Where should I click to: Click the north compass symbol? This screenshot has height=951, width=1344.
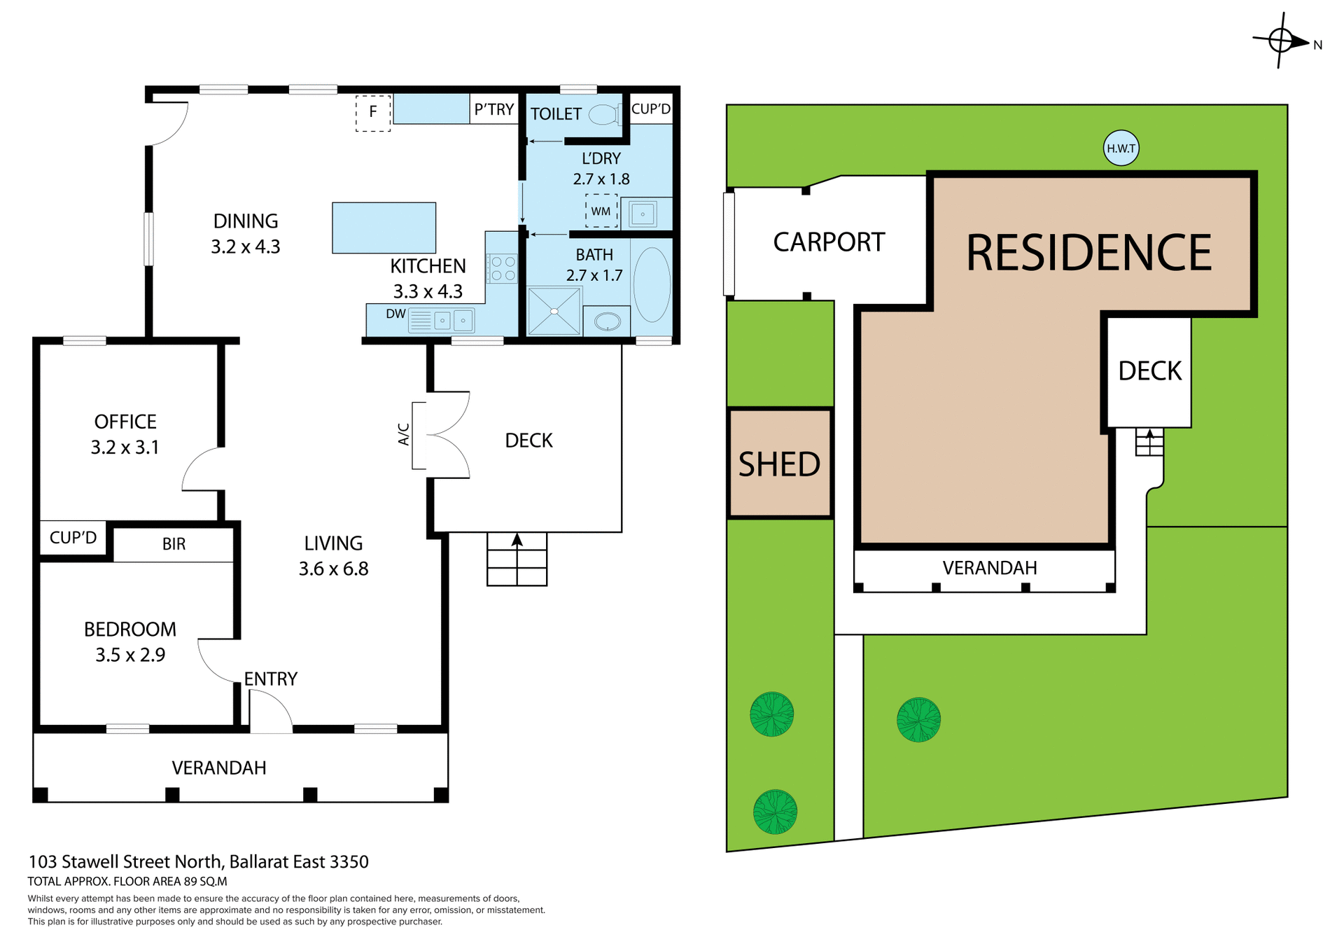[1281, 41]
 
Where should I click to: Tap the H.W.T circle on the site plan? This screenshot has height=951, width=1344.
[1121, 148]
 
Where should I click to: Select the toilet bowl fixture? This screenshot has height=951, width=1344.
[603, 114]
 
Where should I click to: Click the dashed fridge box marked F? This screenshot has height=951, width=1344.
[373, 113]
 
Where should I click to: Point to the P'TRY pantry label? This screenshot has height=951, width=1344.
[494, 109]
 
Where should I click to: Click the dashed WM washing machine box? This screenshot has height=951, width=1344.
[601, 211]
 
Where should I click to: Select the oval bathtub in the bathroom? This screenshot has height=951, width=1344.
[652, 284]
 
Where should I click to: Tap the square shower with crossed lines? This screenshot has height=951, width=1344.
[554, 311]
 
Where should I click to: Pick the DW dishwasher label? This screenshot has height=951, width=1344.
[395, 314]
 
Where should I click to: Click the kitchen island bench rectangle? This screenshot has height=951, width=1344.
[384, 228]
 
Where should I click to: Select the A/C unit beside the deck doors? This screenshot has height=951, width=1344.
[419, 435]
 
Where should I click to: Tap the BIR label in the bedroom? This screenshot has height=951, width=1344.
[174, 544]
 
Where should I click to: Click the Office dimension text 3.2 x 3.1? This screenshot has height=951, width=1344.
[125, 447]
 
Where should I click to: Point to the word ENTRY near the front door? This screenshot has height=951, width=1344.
[271, 679]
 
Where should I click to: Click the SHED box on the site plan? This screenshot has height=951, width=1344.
[780, 464]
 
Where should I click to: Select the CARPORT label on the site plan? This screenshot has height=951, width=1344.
[829, 242]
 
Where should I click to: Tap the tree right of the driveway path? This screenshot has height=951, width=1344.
[918, 719]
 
